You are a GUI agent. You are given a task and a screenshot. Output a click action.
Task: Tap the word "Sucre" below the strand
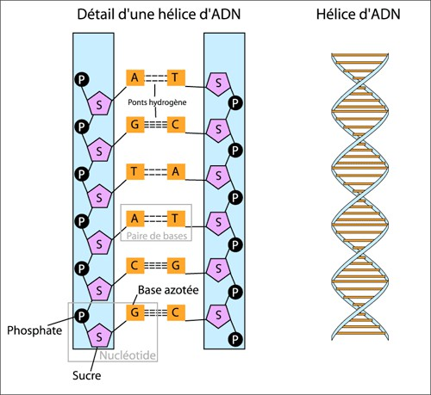(x=89, y=375)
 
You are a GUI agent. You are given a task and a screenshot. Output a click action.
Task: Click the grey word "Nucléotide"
(x=124, y=353)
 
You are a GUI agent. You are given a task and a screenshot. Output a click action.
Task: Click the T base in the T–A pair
(x=134, y=171)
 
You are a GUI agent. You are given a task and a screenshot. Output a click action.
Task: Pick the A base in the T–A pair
(x=175, y=171)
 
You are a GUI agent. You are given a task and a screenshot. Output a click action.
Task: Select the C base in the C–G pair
(x=134, y=264)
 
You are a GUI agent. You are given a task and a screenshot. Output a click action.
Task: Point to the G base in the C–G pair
(x=175, y=264)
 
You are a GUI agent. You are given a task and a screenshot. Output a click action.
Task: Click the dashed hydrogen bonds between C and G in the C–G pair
(x=155, y=264)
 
